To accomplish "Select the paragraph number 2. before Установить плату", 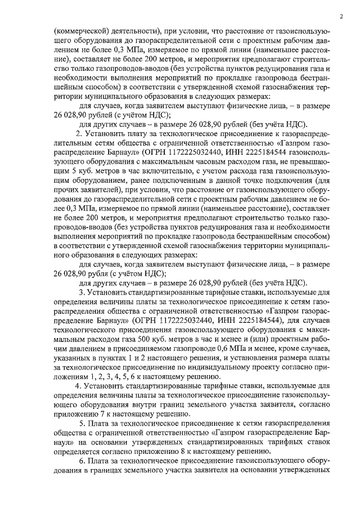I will [x=79, y=133].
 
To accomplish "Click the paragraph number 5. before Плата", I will [x=83, y=423].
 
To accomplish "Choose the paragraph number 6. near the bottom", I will [x=83, y=461].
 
